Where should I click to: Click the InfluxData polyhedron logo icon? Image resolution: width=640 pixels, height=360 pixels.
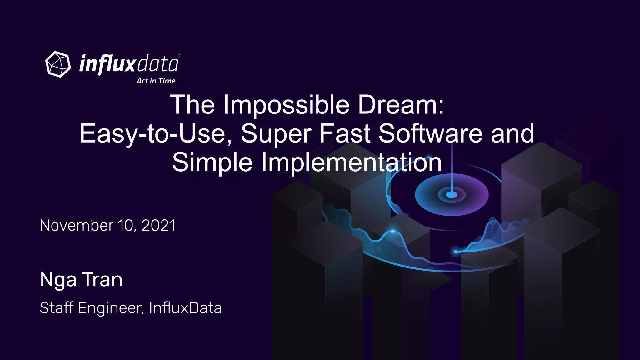(58, 64)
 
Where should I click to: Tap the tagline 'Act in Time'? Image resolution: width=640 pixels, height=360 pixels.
(156, 81)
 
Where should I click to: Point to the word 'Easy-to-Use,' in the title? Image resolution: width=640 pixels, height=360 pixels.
(156, 134)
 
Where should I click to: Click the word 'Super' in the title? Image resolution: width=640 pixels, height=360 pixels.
(276, 134)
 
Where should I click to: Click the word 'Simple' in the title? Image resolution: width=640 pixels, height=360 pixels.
(212, 162)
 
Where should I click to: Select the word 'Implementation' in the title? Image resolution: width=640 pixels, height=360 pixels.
(351, 162)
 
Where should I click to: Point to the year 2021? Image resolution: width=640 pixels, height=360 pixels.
(159, 226)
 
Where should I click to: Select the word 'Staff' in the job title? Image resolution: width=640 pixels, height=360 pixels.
(57, 308)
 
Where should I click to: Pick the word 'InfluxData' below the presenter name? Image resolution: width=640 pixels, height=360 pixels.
(185, 308)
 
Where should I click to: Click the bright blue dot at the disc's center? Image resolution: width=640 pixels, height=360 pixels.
(452, 195)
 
